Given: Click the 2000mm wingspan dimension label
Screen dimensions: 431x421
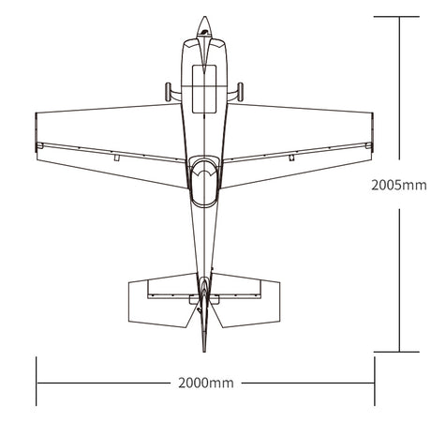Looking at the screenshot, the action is tap(206, 383).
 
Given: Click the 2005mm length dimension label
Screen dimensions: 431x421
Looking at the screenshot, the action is tap(399, 186).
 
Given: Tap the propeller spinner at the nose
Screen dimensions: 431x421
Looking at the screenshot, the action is tap(204, 26).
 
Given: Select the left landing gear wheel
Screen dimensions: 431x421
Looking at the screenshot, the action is tap(168, 92).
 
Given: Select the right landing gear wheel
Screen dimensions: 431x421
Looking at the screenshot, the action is tap(240, 92).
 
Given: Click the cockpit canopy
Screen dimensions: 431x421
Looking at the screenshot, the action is tap(204, 181).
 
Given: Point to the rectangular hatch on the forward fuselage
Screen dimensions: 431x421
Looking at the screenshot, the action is tap(204, 89).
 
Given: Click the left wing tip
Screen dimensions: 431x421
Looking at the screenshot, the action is tap(37, 132).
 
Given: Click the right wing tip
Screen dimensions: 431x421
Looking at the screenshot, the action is tap(372, 132).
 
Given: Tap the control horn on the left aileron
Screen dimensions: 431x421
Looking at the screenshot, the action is tap(116, 158).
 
